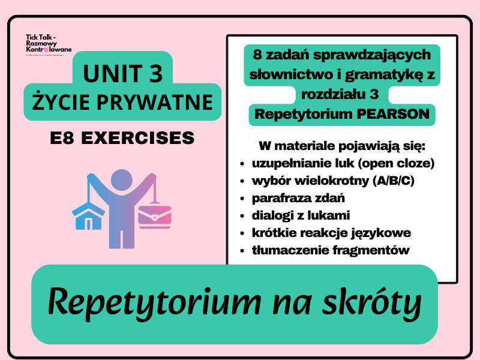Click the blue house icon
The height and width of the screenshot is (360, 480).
(88, 217)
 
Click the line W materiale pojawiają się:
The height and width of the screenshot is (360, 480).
(341, 146)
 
